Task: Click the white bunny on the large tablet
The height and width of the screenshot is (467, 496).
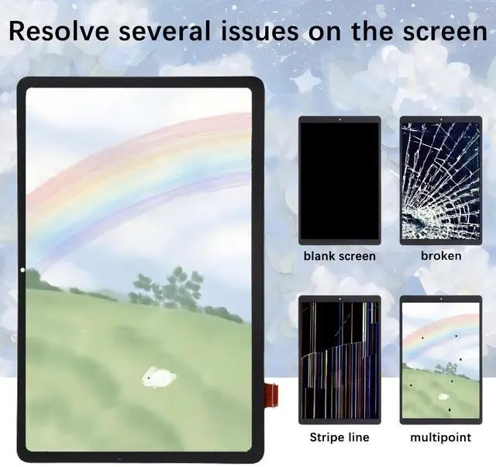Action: [x=159, y=378]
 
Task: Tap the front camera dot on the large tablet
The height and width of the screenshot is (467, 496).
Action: [x=22, y=270]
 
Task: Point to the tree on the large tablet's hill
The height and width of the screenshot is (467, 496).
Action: [x=175, y=288]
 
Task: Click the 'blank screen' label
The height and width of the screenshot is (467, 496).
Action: [x=339, y=255]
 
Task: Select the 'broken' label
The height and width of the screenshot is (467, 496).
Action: [x=441, y=255]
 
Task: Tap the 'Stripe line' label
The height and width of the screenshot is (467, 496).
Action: [x=339, y=438]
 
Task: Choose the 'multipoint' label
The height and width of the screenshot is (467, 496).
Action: [x=441, y=438]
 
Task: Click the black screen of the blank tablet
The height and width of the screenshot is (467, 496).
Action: [x=339, y=180]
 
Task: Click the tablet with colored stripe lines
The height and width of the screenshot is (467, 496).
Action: [x=339, y=359]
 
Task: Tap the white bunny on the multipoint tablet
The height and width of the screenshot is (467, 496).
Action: [x=443, y=396]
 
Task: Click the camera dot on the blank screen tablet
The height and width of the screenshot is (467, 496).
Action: [x=339, y=119]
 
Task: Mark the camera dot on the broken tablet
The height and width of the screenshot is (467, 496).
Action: [x=440, y=119]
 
